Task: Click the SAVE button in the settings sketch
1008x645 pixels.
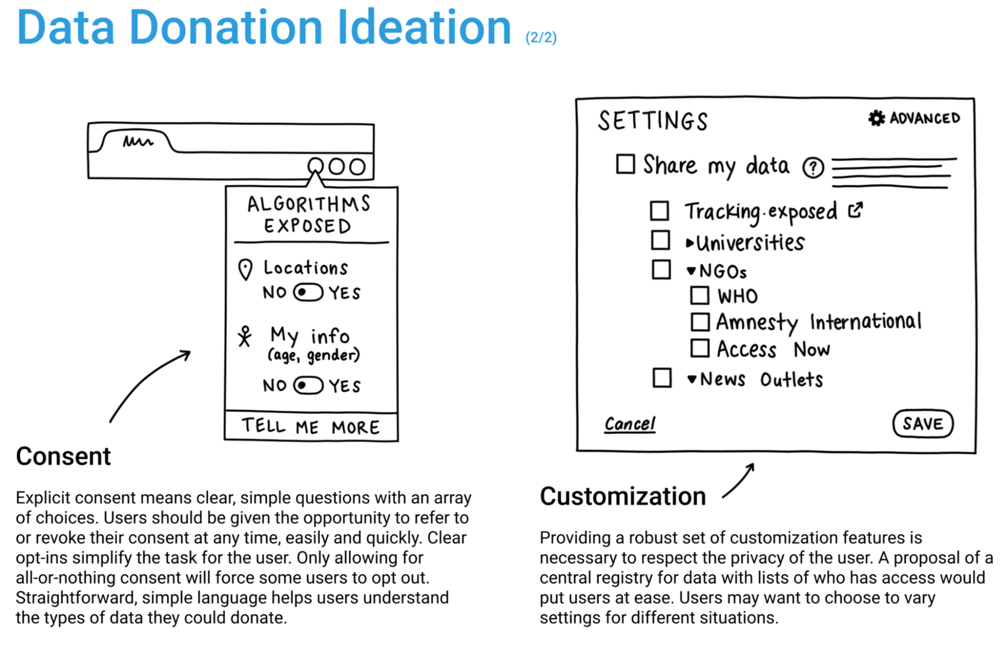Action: (922, 424)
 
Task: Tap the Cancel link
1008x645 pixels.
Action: (630, 424)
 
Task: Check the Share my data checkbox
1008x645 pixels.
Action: (625, 164)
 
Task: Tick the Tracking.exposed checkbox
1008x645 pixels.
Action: (660, 211)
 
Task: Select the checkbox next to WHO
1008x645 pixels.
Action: (699, 296)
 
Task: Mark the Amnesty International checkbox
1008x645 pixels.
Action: (700, 322)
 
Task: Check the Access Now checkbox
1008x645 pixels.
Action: (700, 348)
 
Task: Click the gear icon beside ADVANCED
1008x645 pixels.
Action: (876, 118)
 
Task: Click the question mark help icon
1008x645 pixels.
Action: (813, 168)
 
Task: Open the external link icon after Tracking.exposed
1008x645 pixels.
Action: (855, 210)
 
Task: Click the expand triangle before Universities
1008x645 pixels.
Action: (690, 244)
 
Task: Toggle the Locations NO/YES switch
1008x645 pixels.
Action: (308, 292)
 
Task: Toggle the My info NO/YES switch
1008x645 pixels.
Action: (308, 386)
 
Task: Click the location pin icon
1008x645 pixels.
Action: (245, 269)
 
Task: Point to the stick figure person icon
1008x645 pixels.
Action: (245, 336)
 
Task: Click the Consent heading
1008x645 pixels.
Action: (63, 456)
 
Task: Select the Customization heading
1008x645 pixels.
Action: (623, 496)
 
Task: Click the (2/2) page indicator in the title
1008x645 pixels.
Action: (541, 38)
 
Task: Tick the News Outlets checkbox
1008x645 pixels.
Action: (662, 378)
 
